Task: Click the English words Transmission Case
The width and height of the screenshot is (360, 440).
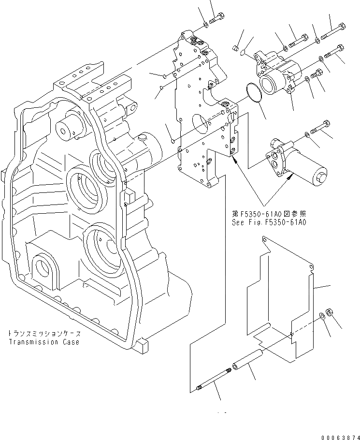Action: (x=43, y=342)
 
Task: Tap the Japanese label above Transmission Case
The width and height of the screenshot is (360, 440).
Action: (x=44, y=334)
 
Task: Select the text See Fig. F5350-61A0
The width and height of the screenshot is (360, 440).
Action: (x=270, y=223)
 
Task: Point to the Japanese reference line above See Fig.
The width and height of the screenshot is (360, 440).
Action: (x=269, y=214)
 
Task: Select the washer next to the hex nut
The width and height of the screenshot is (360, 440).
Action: (x=322, y=318)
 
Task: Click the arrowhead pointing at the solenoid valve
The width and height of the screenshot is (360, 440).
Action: (x=290, y=178)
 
